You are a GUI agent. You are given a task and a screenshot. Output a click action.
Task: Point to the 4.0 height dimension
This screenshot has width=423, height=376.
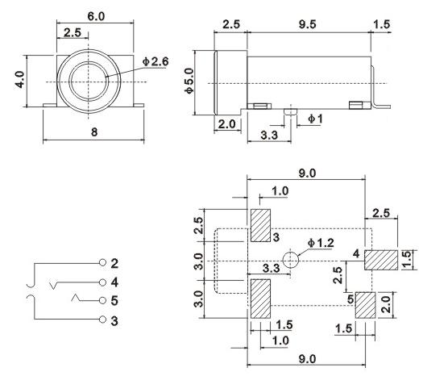[x=21, y=81]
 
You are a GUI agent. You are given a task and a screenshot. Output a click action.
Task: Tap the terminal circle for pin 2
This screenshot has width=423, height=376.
[x=102, y=264]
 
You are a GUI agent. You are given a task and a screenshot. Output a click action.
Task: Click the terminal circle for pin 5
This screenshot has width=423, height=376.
[x=102, y=301]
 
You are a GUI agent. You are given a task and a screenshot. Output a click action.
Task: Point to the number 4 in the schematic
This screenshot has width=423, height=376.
[x=115, y=282]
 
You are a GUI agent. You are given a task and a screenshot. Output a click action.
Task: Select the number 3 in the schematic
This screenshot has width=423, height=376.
[x=115, y=320]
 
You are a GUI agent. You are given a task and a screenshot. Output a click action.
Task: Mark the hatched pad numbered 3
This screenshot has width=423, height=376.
[x=260, y=226]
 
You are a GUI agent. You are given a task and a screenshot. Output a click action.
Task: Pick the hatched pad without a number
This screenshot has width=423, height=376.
[x=260, y=299]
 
